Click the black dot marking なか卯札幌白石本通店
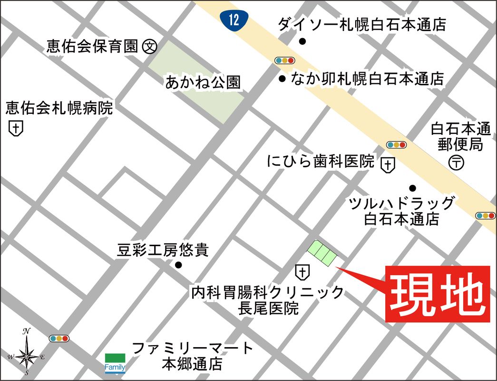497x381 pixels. point(282,79)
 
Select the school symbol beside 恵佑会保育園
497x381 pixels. point(150,46)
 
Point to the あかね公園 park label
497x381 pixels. point(203,83)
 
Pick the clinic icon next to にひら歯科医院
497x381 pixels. point(388,165)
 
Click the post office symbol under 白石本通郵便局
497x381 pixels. point(456,162)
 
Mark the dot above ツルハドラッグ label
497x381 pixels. point(412,188)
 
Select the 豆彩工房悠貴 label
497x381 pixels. point(163,250)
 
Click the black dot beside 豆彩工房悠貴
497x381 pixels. point(178,265)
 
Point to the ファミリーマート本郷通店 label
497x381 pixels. point(193,356)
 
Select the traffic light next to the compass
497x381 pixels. point(59,339)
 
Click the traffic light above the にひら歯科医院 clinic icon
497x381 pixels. point(396,145)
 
